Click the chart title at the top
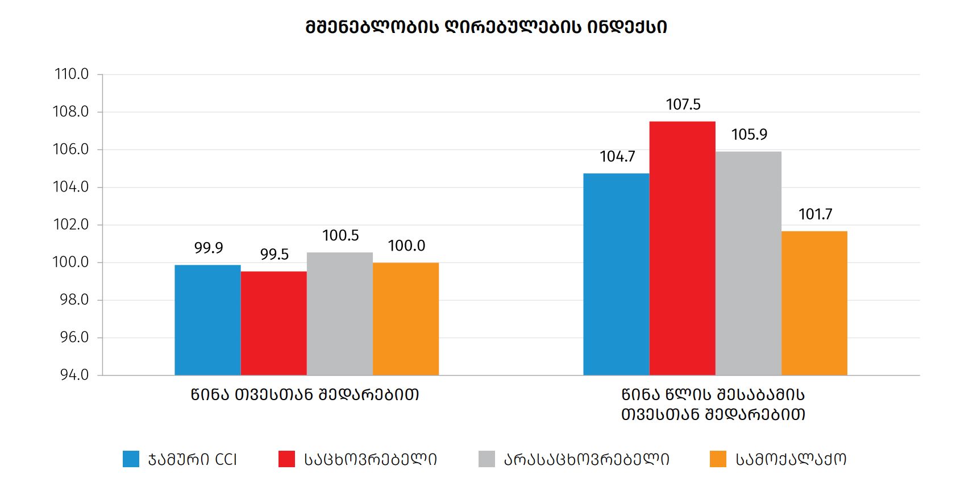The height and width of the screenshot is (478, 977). point(486,27)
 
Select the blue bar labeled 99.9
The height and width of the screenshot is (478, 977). point(207,320)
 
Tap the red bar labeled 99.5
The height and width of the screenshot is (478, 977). point(273,323)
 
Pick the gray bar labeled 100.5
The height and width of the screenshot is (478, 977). point(339,314)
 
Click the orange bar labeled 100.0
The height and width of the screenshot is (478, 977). point(405,319)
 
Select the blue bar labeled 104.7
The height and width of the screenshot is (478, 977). point(616,274)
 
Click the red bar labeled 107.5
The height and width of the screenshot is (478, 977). point(682,248)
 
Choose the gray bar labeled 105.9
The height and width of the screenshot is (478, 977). point(748,263)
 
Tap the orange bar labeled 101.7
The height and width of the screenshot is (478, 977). point(814,303)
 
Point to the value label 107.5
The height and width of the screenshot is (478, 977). point(683,105)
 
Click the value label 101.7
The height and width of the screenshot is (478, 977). point(815,214)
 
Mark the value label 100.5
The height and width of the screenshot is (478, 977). point(340,235)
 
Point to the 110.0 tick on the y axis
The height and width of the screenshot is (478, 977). point(72,74)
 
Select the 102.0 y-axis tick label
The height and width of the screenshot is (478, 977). point(72,225)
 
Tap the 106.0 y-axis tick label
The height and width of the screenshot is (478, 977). point(72,149)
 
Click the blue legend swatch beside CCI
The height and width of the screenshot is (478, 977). point(131,459)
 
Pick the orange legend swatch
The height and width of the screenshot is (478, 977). point(718,459)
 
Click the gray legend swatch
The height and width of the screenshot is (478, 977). point(487,459)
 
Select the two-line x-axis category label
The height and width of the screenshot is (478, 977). point(713,404)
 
